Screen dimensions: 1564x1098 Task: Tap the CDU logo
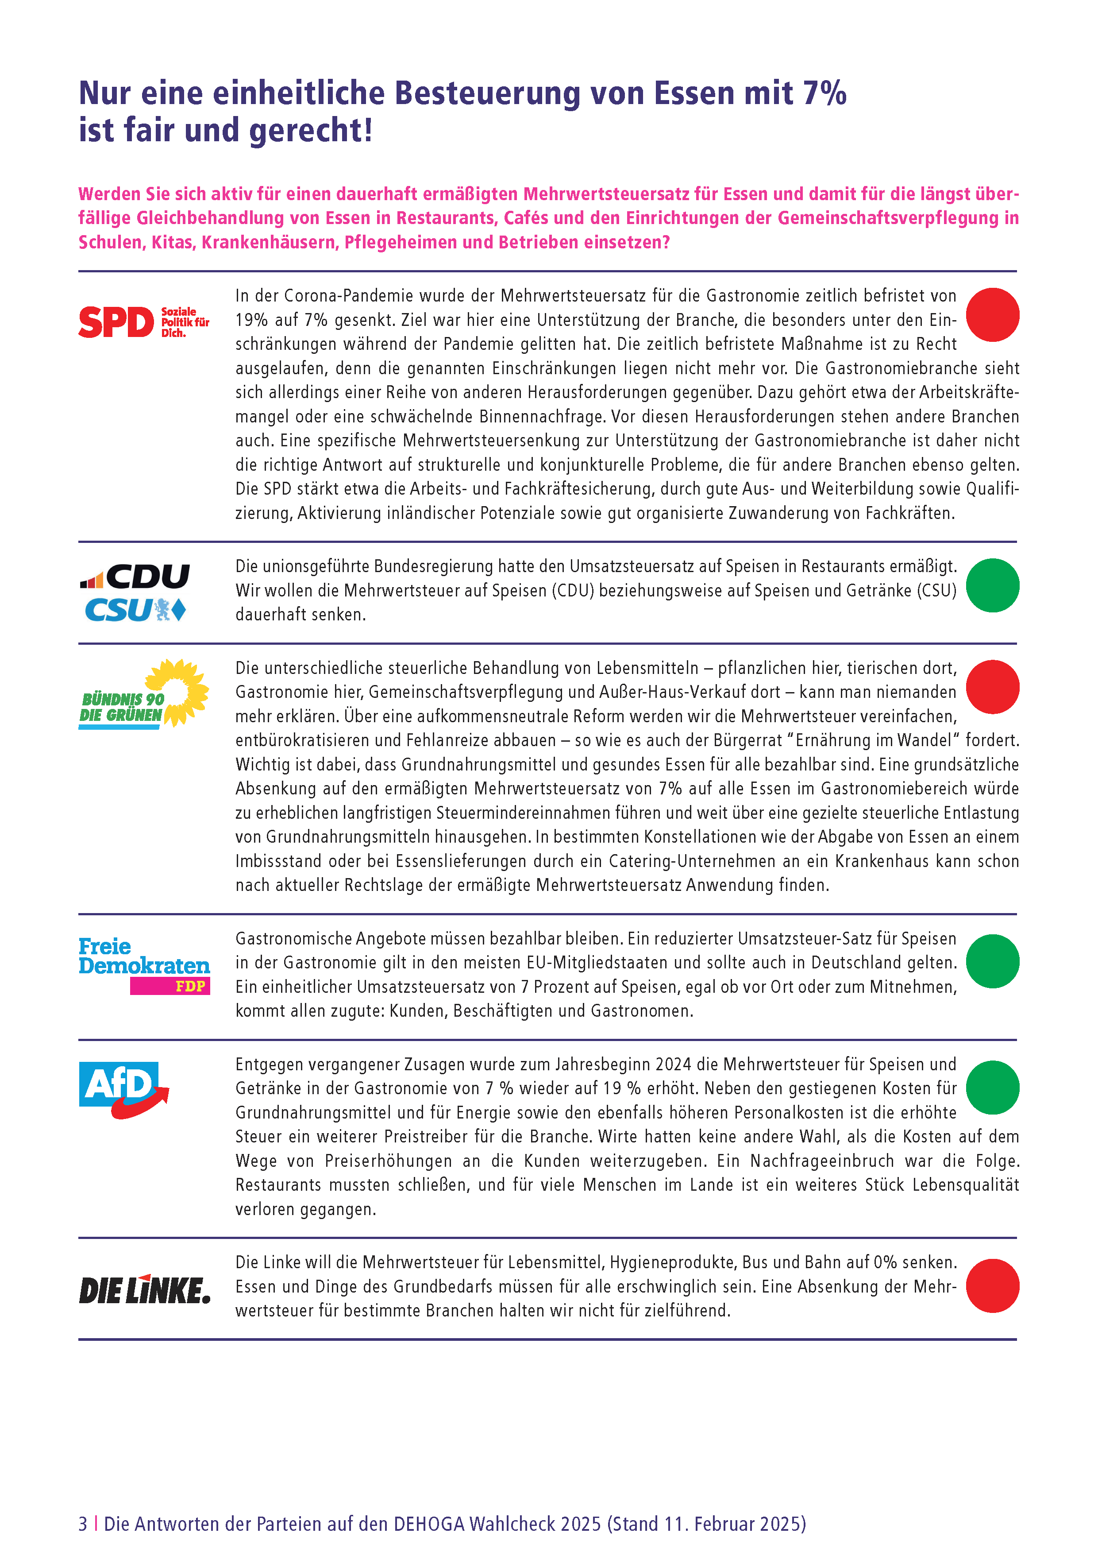[x=135, y=576]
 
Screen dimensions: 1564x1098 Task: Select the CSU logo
[x=135, y=610]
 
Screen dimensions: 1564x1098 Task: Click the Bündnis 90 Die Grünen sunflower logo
[x=144, y=693]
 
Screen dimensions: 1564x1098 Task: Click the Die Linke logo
[x=144, y=1289]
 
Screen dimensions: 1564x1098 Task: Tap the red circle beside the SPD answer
[x=992, y=315]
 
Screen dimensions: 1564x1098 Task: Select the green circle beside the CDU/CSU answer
[x=992, y=585]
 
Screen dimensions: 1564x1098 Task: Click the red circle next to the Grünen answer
[x=992, y=687]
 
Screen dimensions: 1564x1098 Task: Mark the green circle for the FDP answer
[x=992, y=961]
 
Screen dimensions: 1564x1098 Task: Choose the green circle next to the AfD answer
[x=992, y=1087]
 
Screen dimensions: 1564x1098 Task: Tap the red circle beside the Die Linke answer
[x=992, y=1285]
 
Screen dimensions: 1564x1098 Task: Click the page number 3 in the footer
[x=83, y=1523]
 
